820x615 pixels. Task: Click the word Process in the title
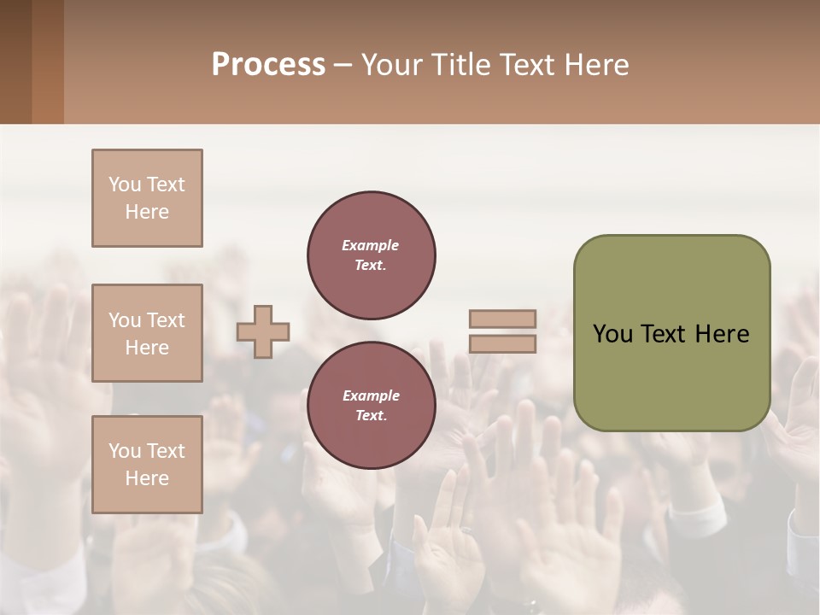tap(268, 65)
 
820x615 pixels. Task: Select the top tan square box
tap(147, 198)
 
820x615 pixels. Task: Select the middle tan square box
tap(147, 333)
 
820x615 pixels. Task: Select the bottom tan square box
tap(147, 465)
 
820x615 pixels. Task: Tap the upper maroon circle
tap(371, 255)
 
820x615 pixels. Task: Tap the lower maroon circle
tap(371, 405)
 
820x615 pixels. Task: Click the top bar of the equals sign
tap(502, 319)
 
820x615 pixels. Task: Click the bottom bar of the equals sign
tap(502, 343)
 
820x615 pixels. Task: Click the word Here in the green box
tap(722, 334)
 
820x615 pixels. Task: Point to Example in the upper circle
tap(371, 245)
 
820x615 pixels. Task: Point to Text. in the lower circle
tap(371, 415)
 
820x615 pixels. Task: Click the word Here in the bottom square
tap(147, 478)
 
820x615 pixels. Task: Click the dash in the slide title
tap(343, 65)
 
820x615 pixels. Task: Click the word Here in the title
tap(597, 65)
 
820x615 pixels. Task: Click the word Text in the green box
tap(665, 334)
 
